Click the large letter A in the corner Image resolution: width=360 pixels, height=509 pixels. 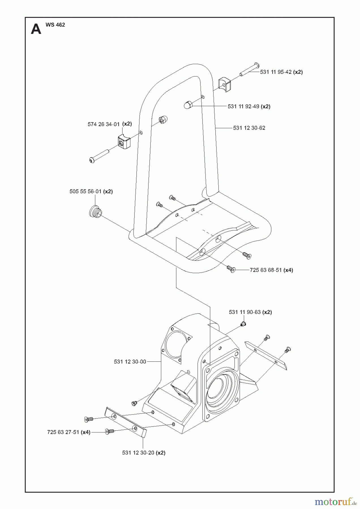pos(36,29)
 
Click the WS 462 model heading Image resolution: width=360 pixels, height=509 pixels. pos(55,25)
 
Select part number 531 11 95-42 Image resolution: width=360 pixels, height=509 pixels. pos(276,72)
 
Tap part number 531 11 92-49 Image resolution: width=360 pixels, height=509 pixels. pos(243,106)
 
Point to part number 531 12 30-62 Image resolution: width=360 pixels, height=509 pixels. pos(249,128)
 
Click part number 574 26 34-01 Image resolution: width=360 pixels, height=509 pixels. pos(104,124)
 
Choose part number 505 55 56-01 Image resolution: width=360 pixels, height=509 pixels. pos(85,191)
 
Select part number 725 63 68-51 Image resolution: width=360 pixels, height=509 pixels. pos(266,270)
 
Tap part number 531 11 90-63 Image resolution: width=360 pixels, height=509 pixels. pos(245,312)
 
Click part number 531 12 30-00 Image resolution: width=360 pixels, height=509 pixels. pos(130,361)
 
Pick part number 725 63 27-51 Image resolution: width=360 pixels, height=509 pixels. pos(63,432)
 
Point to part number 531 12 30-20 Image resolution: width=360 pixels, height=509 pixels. pos(138,452)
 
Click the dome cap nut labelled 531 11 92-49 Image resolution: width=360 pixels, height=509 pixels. pos(187,105)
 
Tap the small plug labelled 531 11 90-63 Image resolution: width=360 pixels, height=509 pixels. pos(243,324)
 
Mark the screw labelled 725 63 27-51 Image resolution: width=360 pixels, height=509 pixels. pos(109,432)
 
